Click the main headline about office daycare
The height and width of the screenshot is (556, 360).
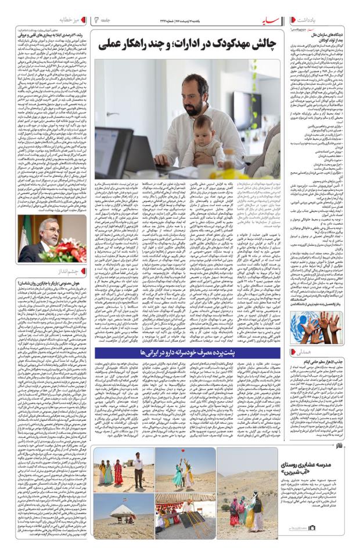tap(189, 44)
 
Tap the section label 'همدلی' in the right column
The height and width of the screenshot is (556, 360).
tap(340, 352)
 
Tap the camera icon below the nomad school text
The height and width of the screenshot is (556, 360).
tap(312, 528)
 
